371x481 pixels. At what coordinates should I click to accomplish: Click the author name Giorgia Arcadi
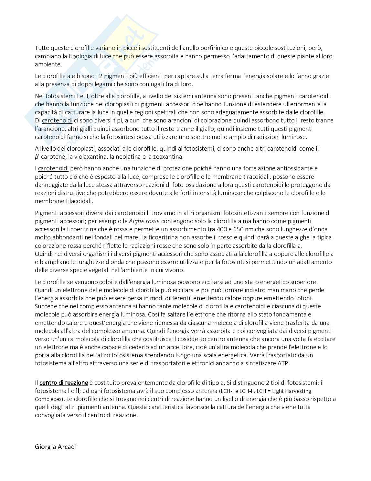[x=56, y=447]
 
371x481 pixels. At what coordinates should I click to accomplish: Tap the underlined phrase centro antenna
[x=228, y=339]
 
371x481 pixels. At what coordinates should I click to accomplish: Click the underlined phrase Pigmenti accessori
[x=59, y=213]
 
